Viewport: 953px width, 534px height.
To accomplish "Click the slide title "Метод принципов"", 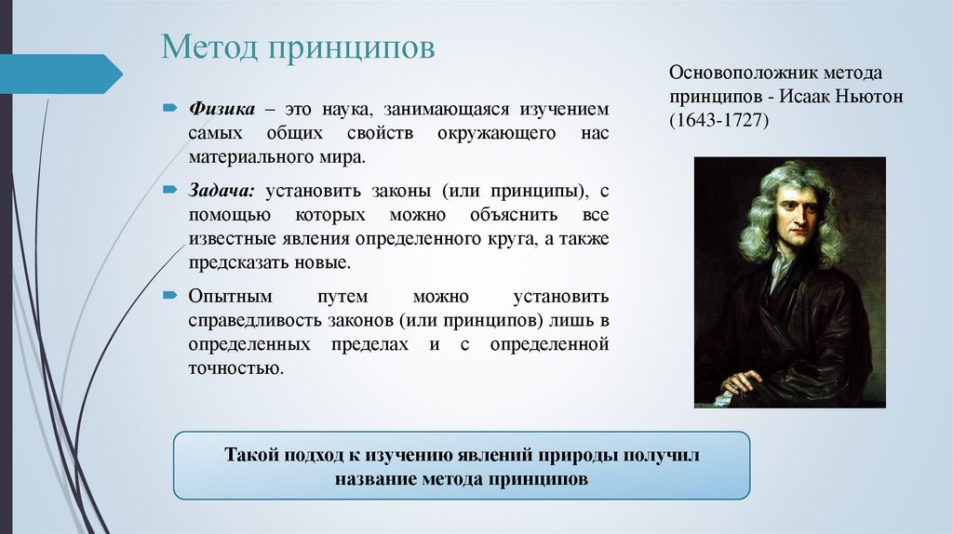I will coord(298,47).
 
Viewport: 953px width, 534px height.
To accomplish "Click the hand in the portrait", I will coord(742,381).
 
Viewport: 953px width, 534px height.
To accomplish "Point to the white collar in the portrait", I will coord(780,270).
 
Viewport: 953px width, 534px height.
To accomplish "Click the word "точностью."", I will coord(235,368).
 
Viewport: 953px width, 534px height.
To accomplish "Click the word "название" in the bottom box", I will coord(376,480).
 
